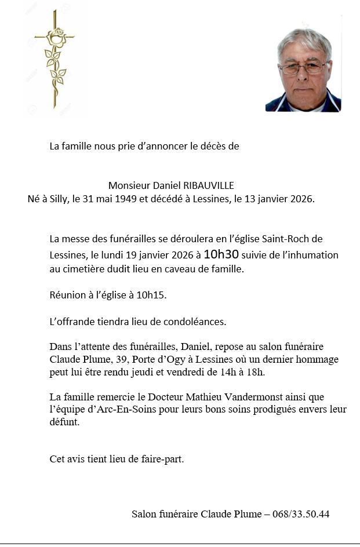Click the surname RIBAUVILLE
point(209,185)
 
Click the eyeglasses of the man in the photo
point(303,68)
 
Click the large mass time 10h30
point(221,254)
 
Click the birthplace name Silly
point(54,199)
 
